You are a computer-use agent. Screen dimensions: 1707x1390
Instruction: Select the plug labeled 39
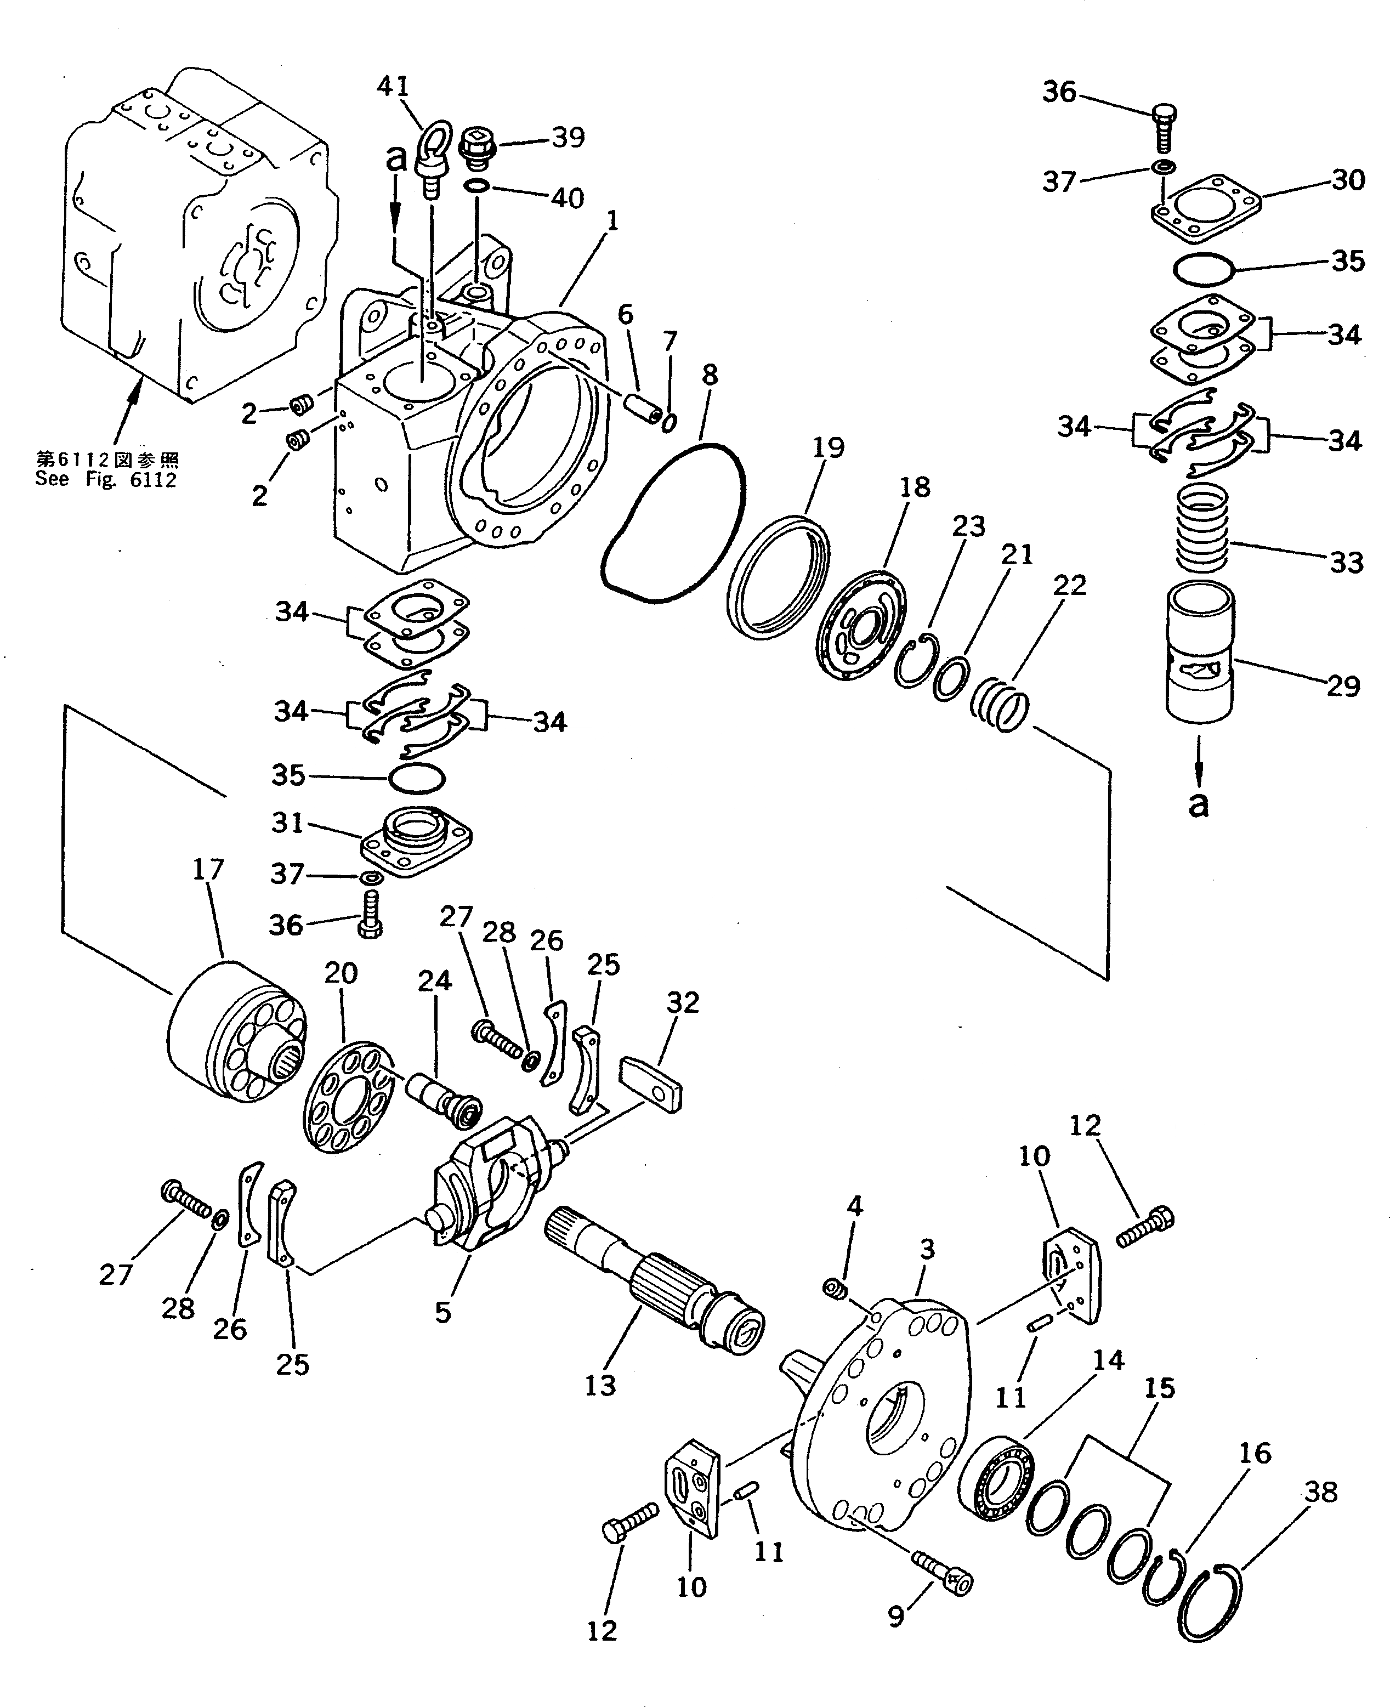pos(478,148)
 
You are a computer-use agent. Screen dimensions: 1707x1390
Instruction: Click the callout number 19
pos(828,447)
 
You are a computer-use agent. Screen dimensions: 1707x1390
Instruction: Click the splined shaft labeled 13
pos(653,1281)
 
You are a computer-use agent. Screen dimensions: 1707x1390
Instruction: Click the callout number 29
pos(1343,686)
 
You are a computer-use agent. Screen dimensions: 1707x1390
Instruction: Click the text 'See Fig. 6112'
pos(106,480)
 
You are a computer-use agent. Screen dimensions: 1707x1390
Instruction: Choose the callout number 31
pos(287,823)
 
